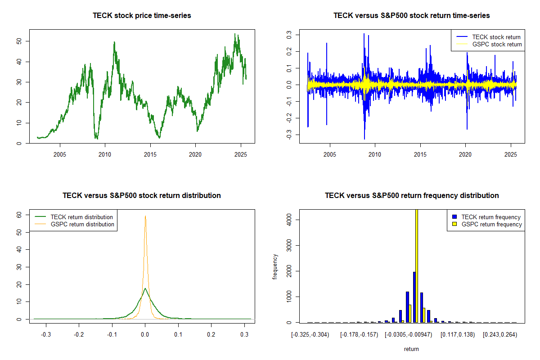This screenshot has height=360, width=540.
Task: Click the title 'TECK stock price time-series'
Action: (142, 16)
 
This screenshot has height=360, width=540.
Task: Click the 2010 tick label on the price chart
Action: (105, 154)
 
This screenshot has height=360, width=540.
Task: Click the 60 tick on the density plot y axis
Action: (19, 215)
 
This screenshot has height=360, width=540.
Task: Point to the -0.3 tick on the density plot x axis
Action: (45, 335)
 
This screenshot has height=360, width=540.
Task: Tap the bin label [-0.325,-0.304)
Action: (310, 335)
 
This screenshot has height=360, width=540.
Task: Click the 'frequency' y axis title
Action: (275, 267)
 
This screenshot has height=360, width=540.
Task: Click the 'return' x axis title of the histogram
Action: (411, 349)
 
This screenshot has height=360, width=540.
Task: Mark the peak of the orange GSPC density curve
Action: (145, 216)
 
